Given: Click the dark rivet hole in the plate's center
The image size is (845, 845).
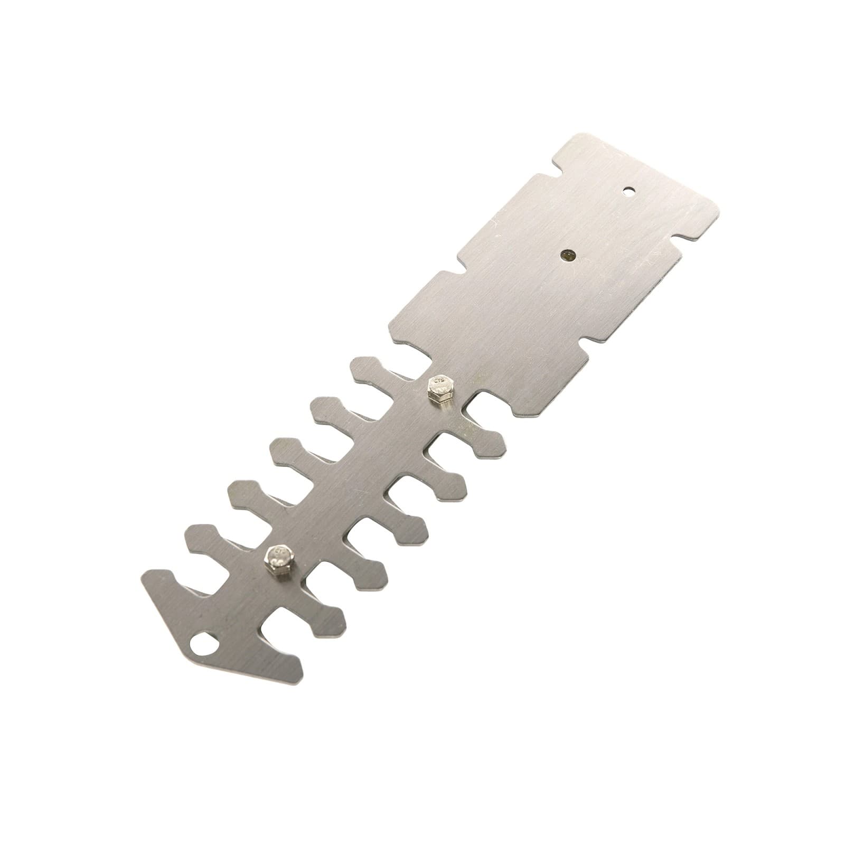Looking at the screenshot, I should click(x=567, y=255).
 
